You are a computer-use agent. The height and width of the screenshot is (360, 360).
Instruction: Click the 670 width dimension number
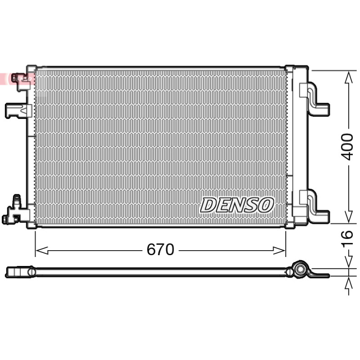[x=160, y=250]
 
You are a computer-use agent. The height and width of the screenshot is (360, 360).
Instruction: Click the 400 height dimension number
[x=346, y=147]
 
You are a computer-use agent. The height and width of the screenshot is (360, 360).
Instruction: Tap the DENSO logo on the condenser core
[x=237, y=205]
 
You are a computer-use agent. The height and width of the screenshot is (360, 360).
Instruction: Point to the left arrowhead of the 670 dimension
[x=42, y=251]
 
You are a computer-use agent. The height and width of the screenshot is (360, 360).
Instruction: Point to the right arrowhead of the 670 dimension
[x=279, y=251]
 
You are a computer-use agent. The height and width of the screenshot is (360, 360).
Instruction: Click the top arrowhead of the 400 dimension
[x=349, y=77]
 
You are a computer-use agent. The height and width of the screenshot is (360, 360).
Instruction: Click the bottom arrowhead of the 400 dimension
[x=349, y=216]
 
